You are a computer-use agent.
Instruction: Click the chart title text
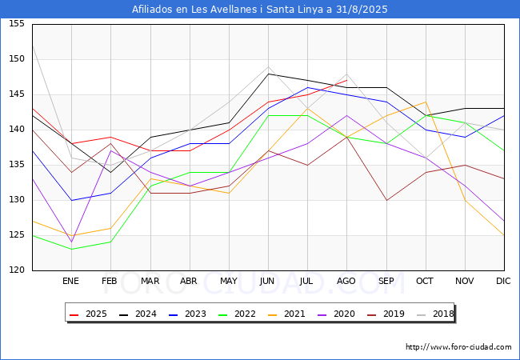[260, 10]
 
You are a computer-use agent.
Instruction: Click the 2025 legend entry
[90, 314]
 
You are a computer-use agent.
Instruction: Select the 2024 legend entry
[138, 314]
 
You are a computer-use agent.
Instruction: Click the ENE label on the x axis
[71, 281]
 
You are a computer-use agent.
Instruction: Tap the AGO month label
[346, 281]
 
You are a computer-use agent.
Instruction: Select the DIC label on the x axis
[503, 281]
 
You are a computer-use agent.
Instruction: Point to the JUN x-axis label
[268, 281]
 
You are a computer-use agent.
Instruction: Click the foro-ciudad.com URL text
[458, 347]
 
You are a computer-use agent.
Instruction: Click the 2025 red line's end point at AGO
[346, 81]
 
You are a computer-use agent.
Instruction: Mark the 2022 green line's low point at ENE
[71, 250]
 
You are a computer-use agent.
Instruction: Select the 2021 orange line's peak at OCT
[425, 102]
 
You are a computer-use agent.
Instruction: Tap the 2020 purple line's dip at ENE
[71, 242]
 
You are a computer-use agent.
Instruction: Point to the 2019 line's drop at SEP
[386, 200]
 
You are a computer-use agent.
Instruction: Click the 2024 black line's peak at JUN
[268, 74]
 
